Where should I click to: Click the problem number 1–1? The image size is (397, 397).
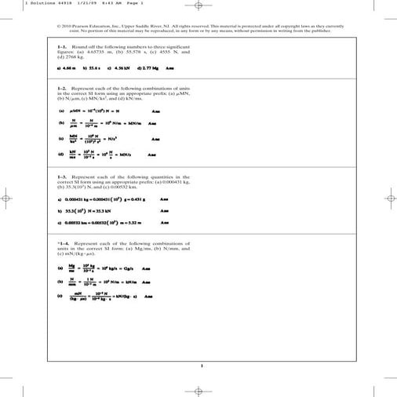63,48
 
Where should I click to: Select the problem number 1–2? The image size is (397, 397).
63,89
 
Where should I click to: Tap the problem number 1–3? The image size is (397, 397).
63,177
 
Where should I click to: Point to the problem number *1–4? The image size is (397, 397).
64,244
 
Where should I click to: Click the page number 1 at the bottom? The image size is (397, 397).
202,365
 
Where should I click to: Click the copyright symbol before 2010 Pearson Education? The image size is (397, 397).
59,25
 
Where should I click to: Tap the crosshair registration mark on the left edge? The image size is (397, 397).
7,198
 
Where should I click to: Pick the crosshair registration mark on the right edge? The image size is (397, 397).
389,198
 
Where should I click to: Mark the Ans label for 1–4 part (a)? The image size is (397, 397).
145,268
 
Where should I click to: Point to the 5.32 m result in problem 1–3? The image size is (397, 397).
129,222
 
